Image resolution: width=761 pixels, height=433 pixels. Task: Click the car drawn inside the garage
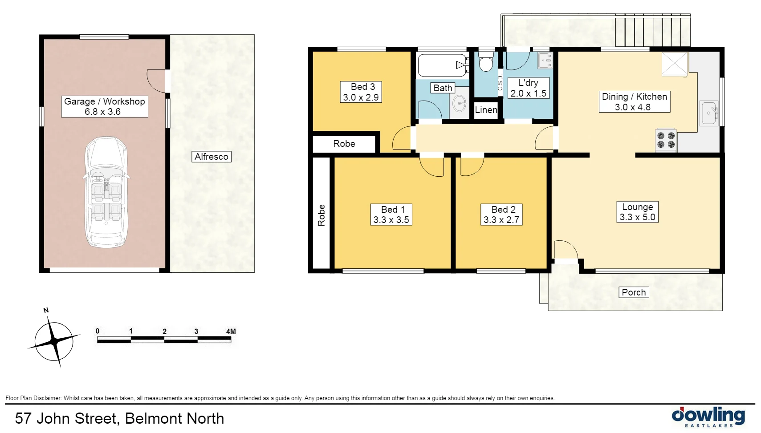coord(106,192)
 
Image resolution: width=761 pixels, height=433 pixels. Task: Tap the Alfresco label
coord(212,157)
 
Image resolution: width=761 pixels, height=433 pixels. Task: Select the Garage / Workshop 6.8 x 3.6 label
coord(105,106)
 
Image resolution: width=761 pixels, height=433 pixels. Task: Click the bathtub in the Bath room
coord(442,65)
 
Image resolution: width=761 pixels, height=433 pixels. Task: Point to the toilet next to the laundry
coord(486,62)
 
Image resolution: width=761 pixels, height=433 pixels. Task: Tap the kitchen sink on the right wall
coord(708,113)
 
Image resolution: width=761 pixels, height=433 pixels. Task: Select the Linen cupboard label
coord(486,110)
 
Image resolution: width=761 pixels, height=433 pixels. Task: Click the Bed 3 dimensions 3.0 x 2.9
coord(361,97)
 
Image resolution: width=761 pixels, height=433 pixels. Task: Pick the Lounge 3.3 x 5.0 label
coord(637,212)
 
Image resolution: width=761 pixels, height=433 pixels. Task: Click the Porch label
coord(634,292)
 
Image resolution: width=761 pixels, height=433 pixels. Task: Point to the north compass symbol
coord(54,341)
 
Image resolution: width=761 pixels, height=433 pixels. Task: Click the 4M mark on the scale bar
coord(231,332)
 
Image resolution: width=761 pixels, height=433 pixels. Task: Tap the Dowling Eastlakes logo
coord(708,417)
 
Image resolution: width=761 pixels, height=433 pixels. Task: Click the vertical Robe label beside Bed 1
coord(321,215)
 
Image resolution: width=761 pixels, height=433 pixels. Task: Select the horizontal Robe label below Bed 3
coord(344,144)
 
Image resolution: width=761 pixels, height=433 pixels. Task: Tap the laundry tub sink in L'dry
coord(545,61)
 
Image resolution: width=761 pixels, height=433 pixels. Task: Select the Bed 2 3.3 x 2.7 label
coord(501,215)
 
